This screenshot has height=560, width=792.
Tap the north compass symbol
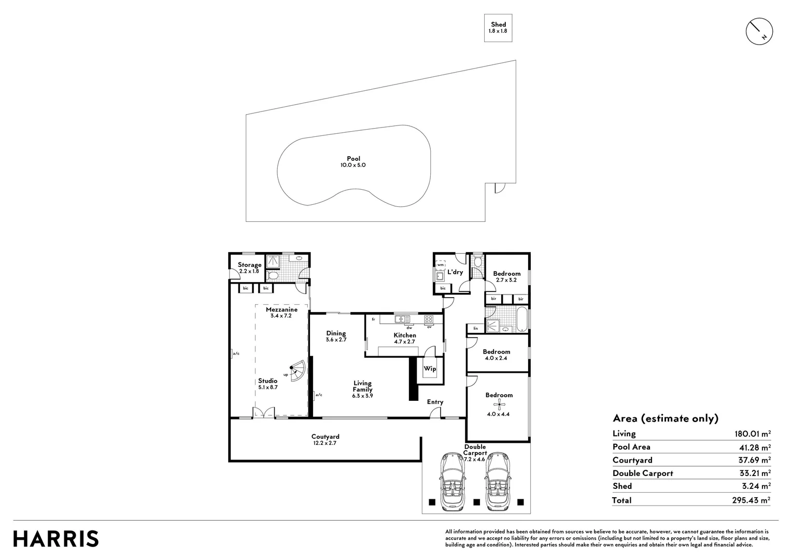[759, 32]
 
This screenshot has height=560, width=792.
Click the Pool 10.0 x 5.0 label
[353, 162]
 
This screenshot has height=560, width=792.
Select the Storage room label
[249, 268]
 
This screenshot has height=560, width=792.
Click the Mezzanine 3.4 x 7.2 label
[281, 312]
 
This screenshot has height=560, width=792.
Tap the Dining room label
[336, 337]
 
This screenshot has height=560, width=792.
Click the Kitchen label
[404, 338]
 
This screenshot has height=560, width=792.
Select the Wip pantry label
[430, 369]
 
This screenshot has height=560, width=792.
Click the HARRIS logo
[55, 539]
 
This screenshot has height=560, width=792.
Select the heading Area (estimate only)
[665, 418]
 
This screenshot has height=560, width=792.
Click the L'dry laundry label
[455, 272]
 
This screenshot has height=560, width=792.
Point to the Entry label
[435, 402]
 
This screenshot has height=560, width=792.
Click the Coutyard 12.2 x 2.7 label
[325, 440]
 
